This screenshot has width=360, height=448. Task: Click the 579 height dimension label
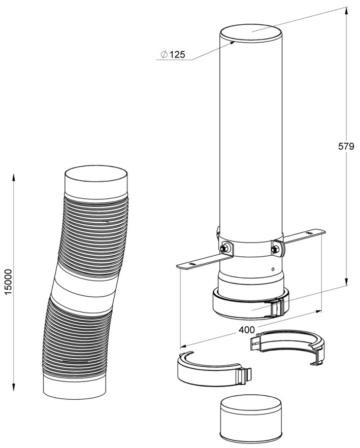pos(346,147)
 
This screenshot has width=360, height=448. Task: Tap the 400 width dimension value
pos(246,330)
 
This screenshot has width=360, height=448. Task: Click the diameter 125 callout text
pos(173,54)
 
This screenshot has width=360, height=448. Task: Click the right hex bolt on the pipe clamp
pos(276,249)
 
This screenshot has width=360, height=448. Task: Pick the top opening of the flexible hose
pos(96,176)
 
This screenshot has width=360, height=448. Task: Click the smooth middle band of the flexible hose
pos(85,286)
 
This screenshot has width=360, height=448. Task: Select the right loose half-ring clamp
pos(288,348)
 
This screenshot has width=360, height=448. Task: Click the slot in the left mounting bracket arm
pos(192,263)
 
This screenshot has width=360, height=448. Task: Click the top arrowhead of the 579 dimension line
pos(346,10)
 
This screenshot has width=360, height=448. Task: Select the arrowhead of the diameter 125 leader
pos(232,43)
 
